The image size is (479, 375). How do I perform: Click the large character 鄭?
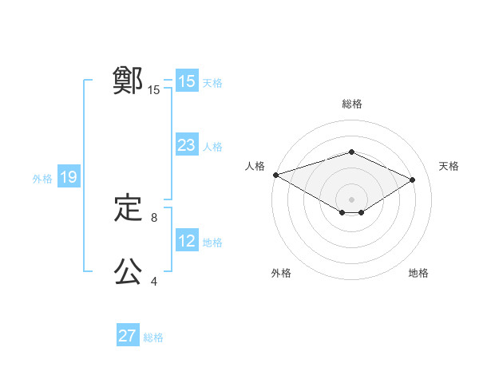128,81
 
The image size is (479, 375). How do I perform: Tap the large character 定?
128,209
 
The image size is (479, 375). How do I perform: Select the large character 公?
128,272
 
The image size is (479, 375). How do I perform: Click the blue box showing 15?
186,81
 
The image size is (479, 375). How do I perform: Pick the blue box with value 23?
186,145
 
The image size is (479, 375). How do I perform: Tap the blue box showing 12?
186,241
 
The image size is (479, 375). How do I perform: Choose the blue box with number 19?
68,177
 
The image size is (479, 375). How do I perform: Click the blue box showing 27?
128,336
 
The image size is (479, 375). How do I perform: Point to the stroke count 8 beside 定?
154,217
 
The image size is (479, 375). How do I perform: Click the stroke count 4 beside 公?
154,281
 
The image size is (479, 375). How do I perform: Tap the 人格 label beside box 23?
212,147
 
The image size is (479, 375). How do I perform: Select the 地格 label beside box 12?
212,243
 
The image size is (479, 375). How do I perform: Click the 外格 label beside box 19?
42,179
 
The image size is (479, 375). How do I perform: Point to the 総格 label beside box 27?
153,337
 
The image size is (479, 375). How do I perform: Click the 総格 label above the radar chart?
351,104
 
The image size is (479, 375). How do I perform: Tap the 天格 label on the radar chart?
449,166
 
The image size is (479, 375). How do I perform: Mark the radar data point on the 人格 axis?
275,175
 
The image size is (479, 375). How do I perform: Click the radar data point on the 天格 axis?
413,180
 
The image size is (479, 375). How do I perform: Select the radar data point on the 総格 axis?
351,152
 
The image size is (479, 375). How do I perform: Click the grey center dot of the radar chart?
351,199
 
